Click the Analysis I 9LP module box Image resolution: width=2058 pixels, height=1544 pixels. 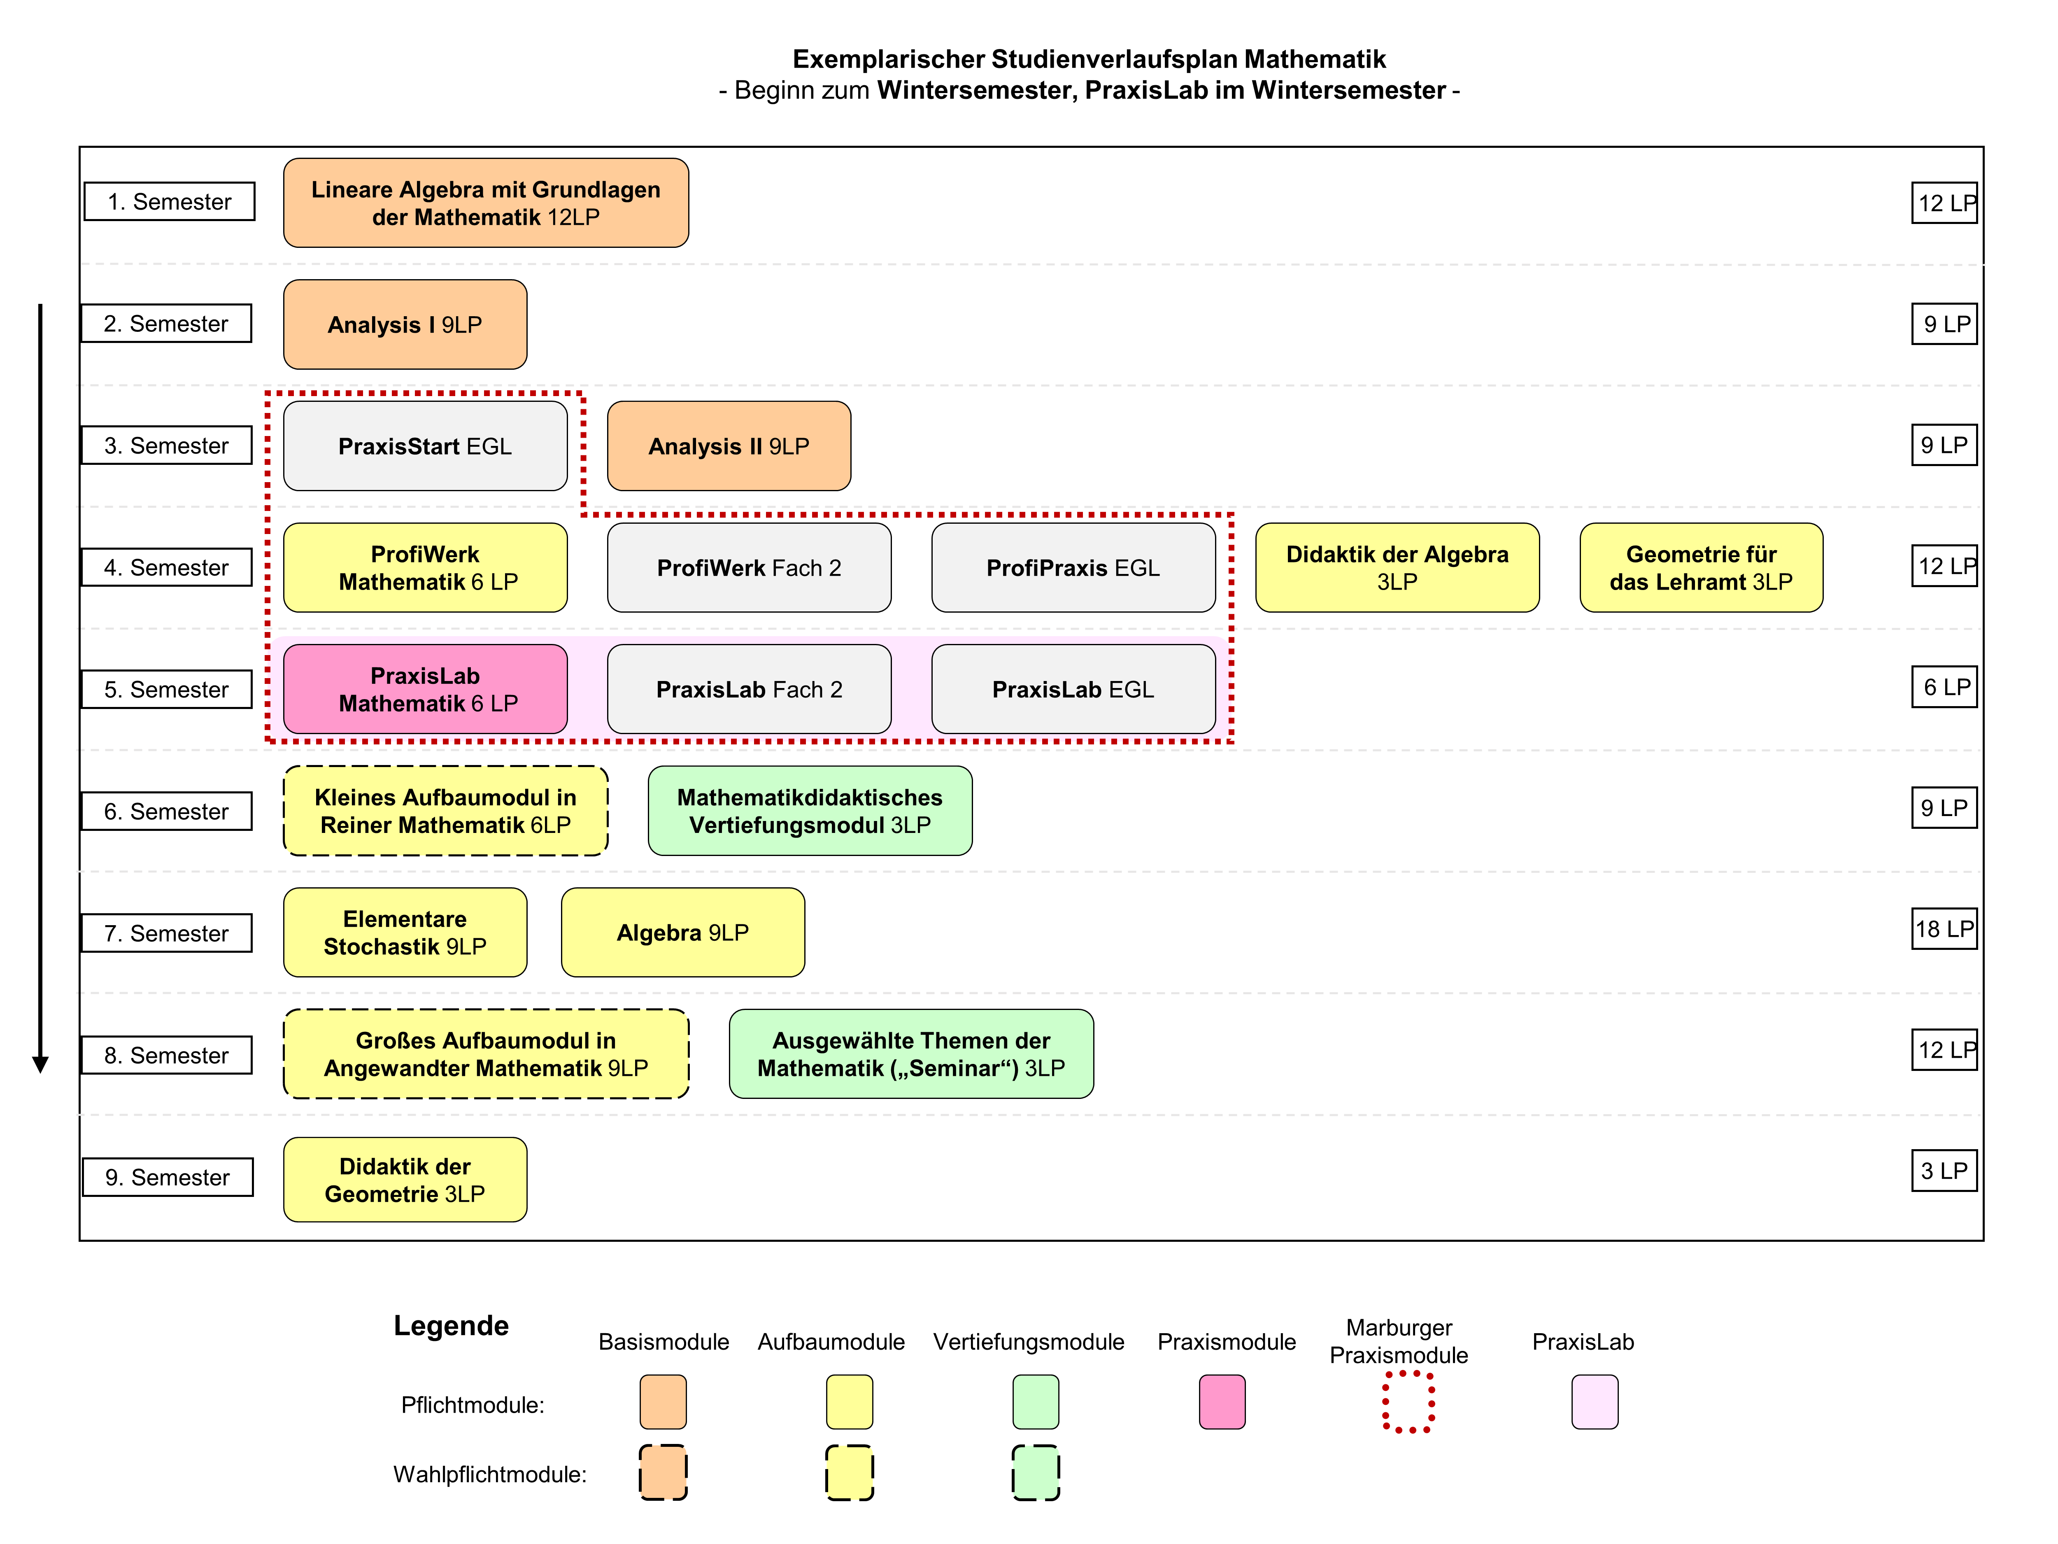(405, 324)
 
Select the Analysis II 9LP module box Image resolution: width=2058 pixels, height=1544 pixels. (729, 446)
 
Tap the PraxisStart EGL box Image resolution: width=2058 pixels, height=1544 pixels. (425, 446)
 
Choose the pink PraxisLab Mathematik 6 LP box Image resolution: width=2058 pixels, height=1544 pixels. (425, 689)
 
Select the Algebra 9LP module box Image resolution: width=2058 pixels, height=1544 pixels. (683, 932)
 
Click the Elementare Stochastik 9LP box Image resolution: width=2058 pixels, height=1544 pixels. (405, 932)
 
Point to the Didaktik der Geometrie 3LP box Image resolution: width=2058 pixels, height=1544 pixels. (405, 1179)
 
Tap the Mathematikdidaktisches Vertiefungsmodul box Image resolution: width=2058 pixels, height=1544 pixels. (810, 811)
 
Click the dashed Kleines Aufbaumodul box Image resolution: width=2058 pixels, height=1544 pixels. (446, 811)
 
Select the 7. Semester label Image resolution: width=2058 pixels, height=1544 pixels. (167, 933)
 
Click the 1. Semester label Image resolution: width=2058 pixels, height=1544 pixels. (169, 201)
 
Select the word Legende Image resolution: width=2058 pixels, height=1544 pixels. (451, 1325)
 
